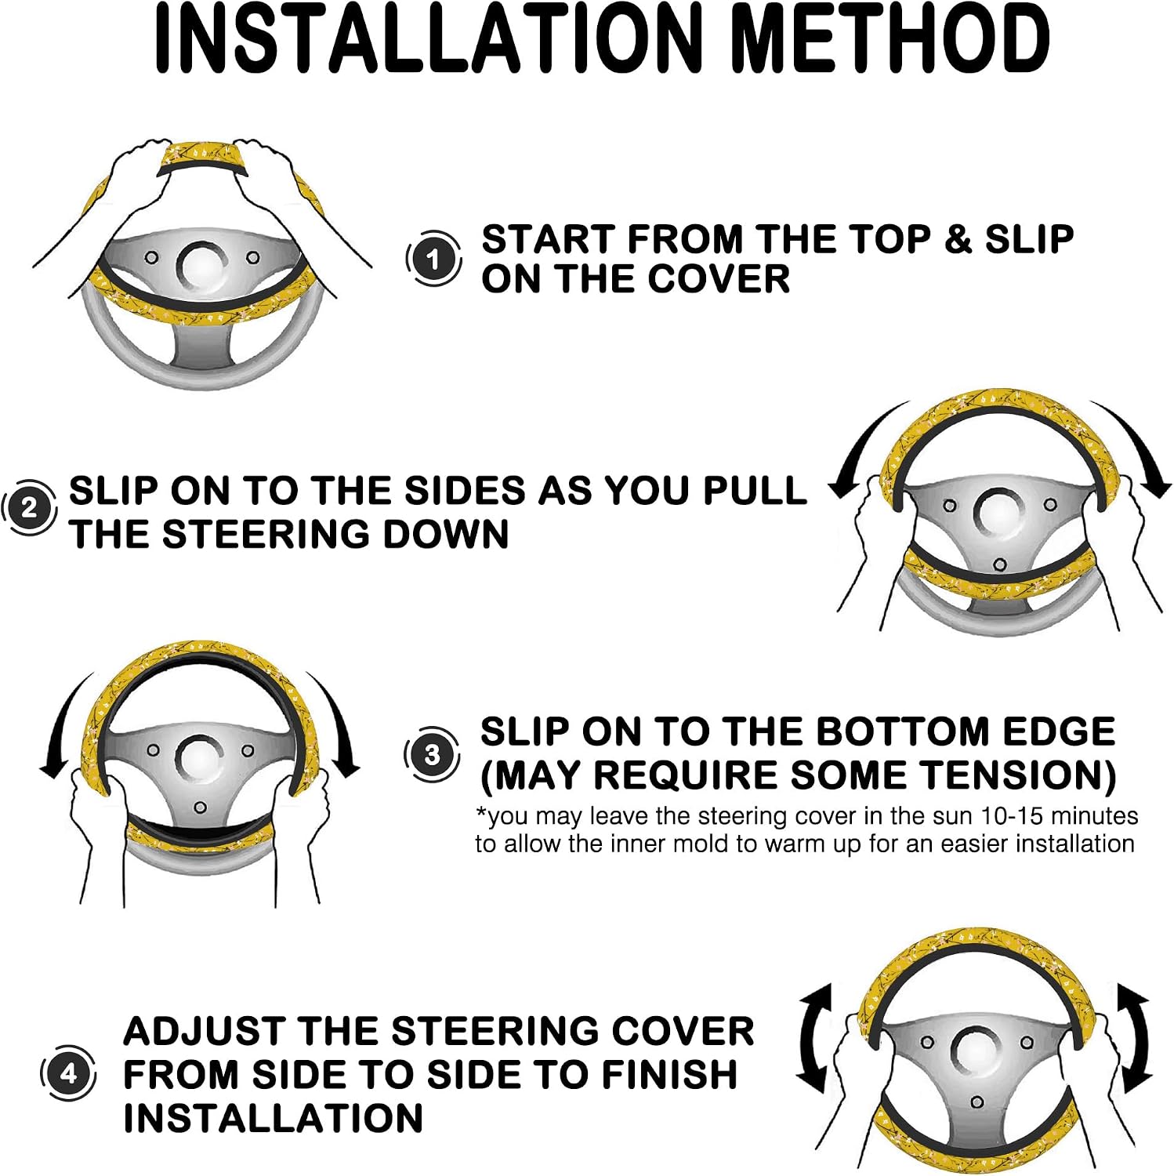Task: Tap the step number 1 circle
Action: tap(433, 259)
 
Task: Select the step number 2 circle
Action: tap(29, 508)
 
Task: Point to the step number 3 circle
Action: tap(432, 755)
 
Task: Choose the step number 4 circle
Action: tap(68, 1073)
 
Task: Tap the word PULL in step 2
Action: tap(754, 491)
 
